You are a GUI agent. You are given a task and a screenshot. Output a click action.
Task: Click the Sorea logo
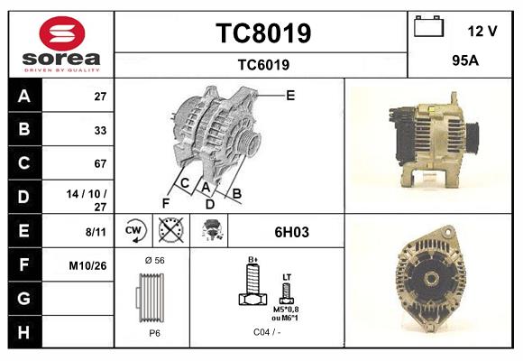tap(61, 44)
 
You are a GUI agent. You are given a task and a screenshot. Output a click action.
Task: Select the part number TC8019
tap(262, 33)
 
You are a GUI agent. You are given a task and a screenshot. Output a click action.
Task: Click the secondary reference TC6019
tap(262, 64)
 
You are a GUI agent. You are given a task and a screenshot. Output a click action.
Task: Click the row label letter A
tap(23, 96)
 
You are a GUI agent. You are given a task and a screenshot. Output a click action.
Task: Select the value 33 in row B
tap(100, 130)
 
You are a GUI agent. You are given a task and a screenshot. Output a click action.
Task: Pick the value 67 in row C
tap(100, 163)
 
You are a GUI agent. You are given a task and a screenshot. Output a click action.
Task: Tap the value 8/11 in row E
tap(95, 232)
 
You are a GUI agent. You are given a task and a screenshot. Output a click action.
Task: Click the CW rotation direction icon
tap(134, 231)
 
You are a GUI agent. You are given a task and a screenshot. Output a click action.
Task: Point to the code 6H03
tap(291, 232)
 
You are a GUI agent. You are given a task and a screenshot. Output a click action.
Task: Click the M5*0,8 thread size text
tap(287, 309)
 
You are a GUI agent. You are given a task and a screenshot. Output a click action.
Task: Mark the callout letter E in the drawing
tap(290, 95)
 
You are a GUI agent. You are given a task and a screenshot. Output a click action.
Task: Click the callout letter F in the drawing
tap(166, 203)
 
